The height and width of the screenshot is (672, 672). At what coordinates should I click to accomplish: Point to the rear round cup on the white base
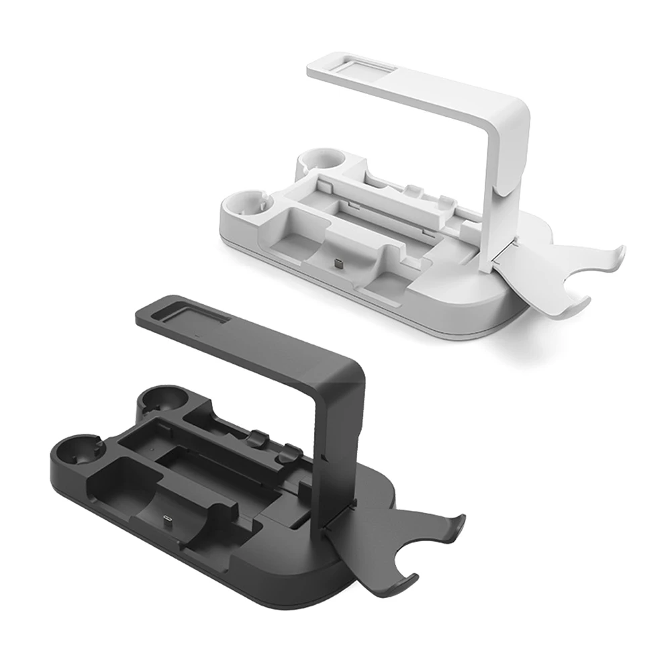(x=318, y=160)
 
